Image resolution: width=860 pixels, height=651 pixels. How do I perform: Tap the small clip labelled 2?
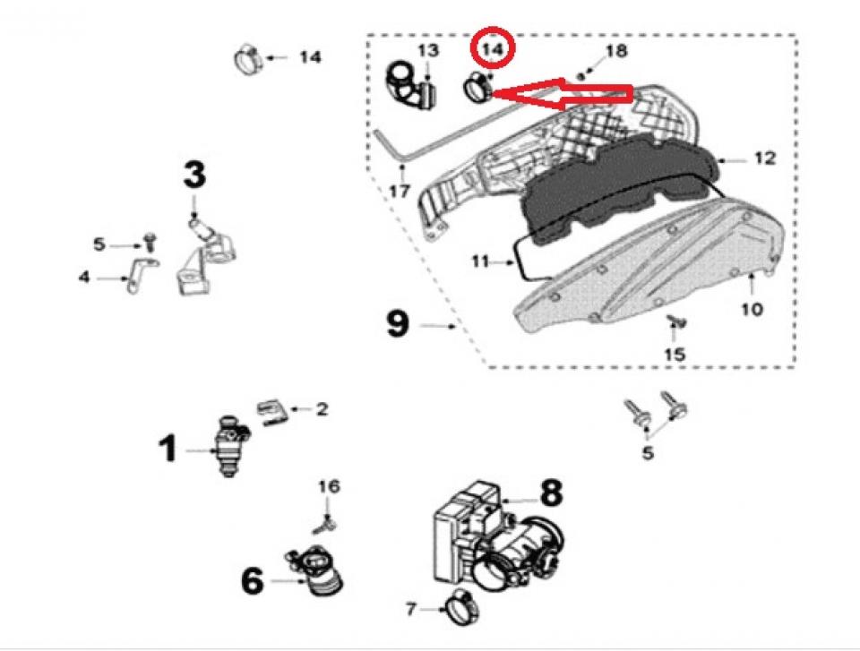pos(272,413)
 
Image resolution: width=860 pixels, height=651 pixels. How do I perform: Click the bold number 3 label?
pos(194,175)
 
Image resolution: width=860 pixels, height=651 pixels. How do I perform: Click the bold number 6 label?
pos(253,581)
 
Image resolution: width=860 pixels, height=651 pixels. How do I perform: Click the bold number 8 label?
pos(551,492)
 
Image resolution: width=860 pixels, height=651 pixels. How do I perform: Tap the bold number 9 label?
pos(398,323)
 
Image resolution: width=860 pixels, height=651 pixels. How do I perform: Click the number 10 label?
pos(752,309)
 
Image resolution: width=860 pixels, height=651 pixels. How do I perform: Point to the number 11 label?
pos(480,262)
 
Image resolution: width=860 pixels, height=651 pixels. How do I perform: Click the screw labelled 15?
pos(675,321)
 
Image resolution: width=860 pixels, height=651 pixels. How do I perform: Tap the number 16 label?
pos(329,486)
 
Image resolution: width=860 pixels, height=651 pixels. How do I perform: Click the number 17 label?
pos(400,192)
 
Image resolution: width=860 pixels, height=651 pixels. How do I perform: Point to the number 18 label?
pos(616,51)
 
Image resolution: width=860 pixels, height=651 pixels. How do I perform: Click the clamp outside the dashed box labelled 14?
pos(248,60)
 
